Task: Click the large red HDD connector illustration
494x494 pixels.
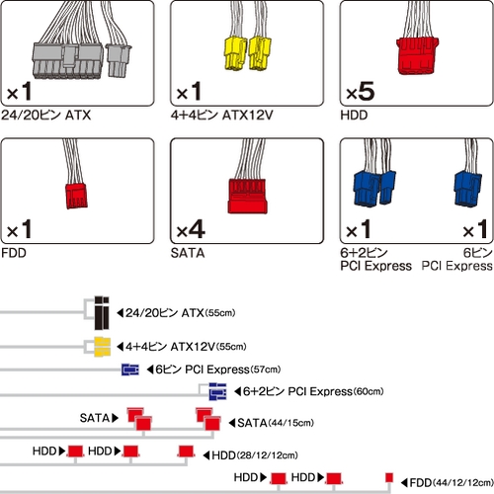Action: click(x=417, y=55)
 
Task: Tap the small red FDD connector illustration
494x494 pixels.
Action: click(x=76, y=196)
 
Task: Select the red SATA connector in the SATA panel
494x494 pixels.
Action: click(x=247, y=197)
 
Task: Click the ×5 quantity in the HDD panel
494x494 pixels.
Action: click(x=361, y=92)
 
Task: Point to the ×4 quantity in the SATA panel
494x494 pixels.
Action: click(x=191, y=229)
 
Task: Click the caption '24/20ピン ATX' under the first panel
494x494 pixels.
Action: click(x=46, y=116)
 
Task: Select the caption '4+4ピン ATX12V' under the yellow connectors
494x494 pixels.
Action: click(x=222, y=116)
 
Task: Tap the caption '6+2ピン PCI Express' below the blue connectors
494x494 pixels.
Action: click(x=375, y=260)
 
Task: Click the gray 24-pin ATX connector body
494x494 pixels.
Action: click(x=67, y=61)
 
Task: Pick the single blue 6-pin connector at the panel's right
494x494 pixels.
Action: click(x=467, y=189)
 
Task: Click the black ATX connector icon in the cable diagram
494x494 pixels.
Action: click(x=102, y=313)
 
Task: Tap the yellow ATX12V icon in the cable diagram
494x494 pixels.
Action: click(x=102, y=347)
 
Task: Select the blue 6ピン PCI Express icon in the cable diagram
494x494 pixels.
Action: click(x=130, y=370)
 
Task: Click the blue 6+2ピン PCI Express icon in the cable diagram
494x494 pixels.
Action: click(x=217, y=391)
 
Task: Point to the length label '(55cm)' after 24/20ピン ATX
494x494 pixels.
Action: click(x=220, y=313)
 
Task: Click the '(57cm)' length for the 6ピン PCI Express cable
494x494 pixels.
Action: click(x=266, y=370)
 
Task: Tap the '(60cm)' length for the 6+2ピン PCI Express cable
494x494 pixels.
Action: click(x=369, y=391)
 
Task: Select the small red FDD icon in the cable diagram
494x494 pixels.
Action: click(x=389, y=477)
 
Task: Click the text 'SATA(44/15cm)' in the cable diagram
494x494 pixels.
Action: click(x=276, y=423)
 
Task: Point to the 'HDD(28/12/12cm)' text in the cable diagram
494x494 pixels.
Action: click(x=255, y=455)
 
